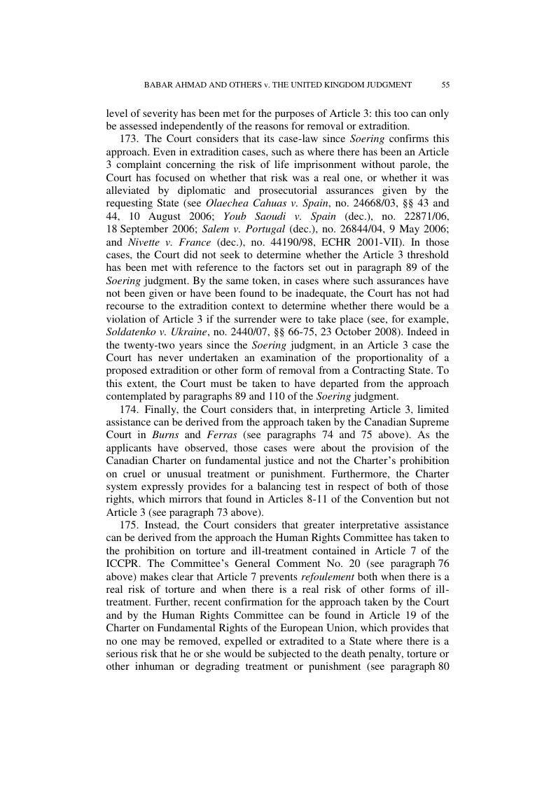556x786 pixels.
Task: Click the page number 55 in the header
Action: (x=445, y=85)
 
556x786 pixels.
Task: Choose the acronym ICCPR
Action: (x=123, y=551)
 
